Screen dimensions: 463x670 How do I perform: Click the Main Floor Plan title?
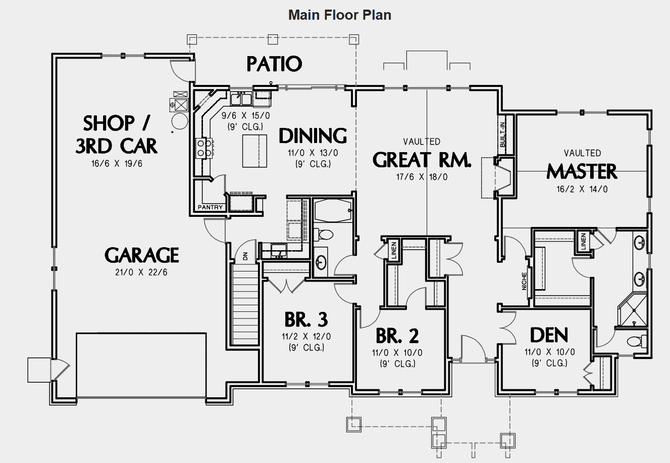(339, 15)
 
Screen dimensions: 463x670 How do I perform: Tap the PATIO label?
(274, 64)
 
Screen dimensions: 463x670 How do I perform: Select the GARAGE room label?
(142, 255)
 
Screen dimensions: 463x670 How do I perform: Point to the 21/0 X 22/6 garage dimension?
(142, 272)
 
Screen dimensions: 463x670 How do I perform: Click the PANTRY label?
(210, 207)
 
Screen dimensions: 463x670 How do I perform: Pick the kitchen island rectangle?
(254, 151)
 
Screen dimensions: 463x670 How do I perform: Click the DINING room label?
(313, 136)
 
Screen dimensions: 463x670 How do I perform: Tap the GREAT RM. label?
(422, 160)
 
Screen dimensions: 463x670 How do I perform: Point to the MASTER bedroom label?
(582, 172)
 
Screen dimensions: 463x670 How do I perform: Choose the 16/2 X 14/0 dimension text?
(582, 190)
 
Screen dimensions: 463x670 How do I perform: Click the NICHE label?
(525, 282)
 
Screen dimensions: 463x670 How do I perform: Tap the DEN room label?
(549, 335)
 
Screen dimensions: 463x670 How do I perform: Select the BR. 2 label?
(397, 336)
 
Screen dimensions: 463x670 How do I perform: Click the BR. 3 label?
(306, 319)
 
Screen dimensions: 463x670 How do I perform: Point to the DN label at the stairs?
(245, 256)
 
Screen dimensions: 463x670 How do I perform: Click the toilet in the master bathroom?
(637, 341)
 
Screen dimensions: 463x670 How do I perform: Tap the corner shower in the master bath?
(632, 309)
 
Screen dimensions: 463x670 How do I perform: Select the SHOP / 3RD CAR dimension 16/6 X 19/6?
(116, 164)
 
